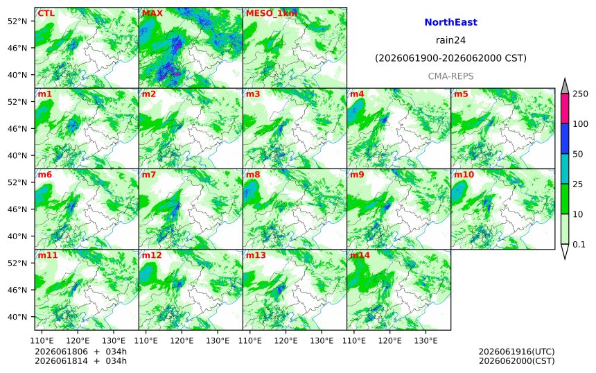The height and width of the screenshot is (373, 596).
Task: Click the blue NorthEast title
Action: pos(450,22)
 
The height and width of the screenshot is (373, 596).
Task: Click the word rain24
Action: pos(450,40)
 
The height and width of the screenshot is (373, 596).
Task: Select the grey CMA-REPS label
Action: pos(450,76)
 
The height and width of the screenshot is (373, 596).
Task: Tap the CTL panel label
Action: pos(46,13)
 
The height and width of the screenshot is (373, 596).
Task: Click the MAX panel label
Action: pos(152,13)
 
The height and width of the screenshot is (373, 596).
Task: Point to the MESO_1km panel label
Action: pos(272,13)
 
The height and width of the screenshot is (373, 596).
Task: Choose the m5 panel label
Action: pos(461,94)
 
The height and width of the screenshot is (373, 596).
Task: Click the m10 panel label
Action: pos(464,175)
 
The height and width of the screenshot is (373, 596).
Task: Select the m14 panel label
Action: pos(360,255)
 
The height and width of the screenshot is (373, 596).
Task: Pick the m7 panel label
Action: pos(148,175)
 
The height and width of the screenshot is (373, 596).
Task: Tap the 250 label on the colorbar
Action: pos(581,94)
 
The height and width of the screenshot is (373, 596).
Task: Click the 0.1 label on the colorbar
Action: pos(579,244)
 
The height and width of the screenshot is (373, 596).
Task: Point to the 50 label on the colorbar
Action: pos(578,154)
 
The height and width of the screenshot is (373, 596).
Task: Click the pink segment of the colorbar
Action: pos(565,108)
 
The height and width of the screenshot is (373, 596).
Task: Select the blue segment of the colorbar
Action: pos(565,139)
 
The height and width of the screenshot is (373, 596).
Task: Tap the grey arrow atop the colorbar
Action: pos(565,86)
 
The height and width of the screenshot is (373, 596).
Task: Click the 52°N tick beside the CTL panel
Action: pos(17,21)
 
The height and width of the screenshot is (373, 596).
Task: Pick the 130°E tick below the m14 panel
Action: pos(426,340)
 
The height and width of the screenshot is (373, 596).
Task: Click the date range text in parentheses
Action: pos(450,58)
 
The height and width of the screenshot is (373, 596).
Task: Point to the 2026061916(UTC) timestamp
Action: pos(516,352)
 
